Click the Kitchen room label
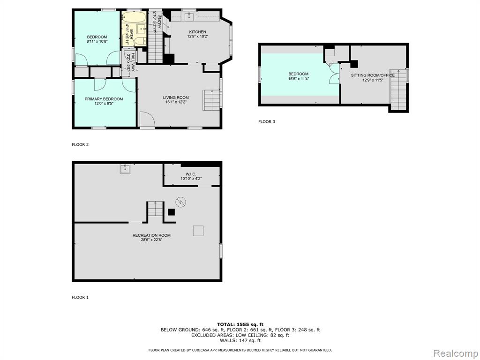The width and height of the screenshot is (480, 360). point(197,32)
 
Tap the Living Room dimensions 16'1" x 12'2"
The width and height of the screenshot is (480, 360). point(176,102)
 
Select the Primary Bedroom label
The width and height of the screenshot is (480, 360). point(104,99)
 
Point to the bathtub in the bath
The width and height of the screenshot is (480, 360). point(134,17)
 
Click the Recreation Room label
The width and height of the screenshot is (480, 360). point(151,235)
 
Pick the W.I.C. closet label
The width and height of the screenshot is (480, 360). point(191,174)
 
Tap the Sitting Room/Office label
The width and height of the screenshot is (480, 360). point(373,75)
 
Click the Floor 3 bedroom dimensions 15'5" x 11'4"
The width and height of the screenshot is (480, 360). point(299,78)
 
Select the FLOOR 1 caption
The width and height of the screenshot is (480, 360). point(80,297)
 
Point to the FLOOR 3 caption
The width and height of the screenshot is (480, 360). point(267,121)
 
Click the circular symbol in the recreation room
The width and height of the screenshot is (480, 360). point(181,202)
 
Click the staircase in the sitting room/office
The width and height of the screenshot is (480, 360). point(398,90)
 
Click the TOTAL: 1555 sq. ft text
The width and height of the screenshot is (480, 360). point(240,324)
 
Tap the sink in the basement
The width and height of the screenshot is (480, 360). point(125,169)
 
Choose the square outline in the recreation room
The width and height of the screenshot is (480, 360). point(198,231)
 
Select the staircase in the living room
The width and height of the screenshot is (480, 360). point(212,100)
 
